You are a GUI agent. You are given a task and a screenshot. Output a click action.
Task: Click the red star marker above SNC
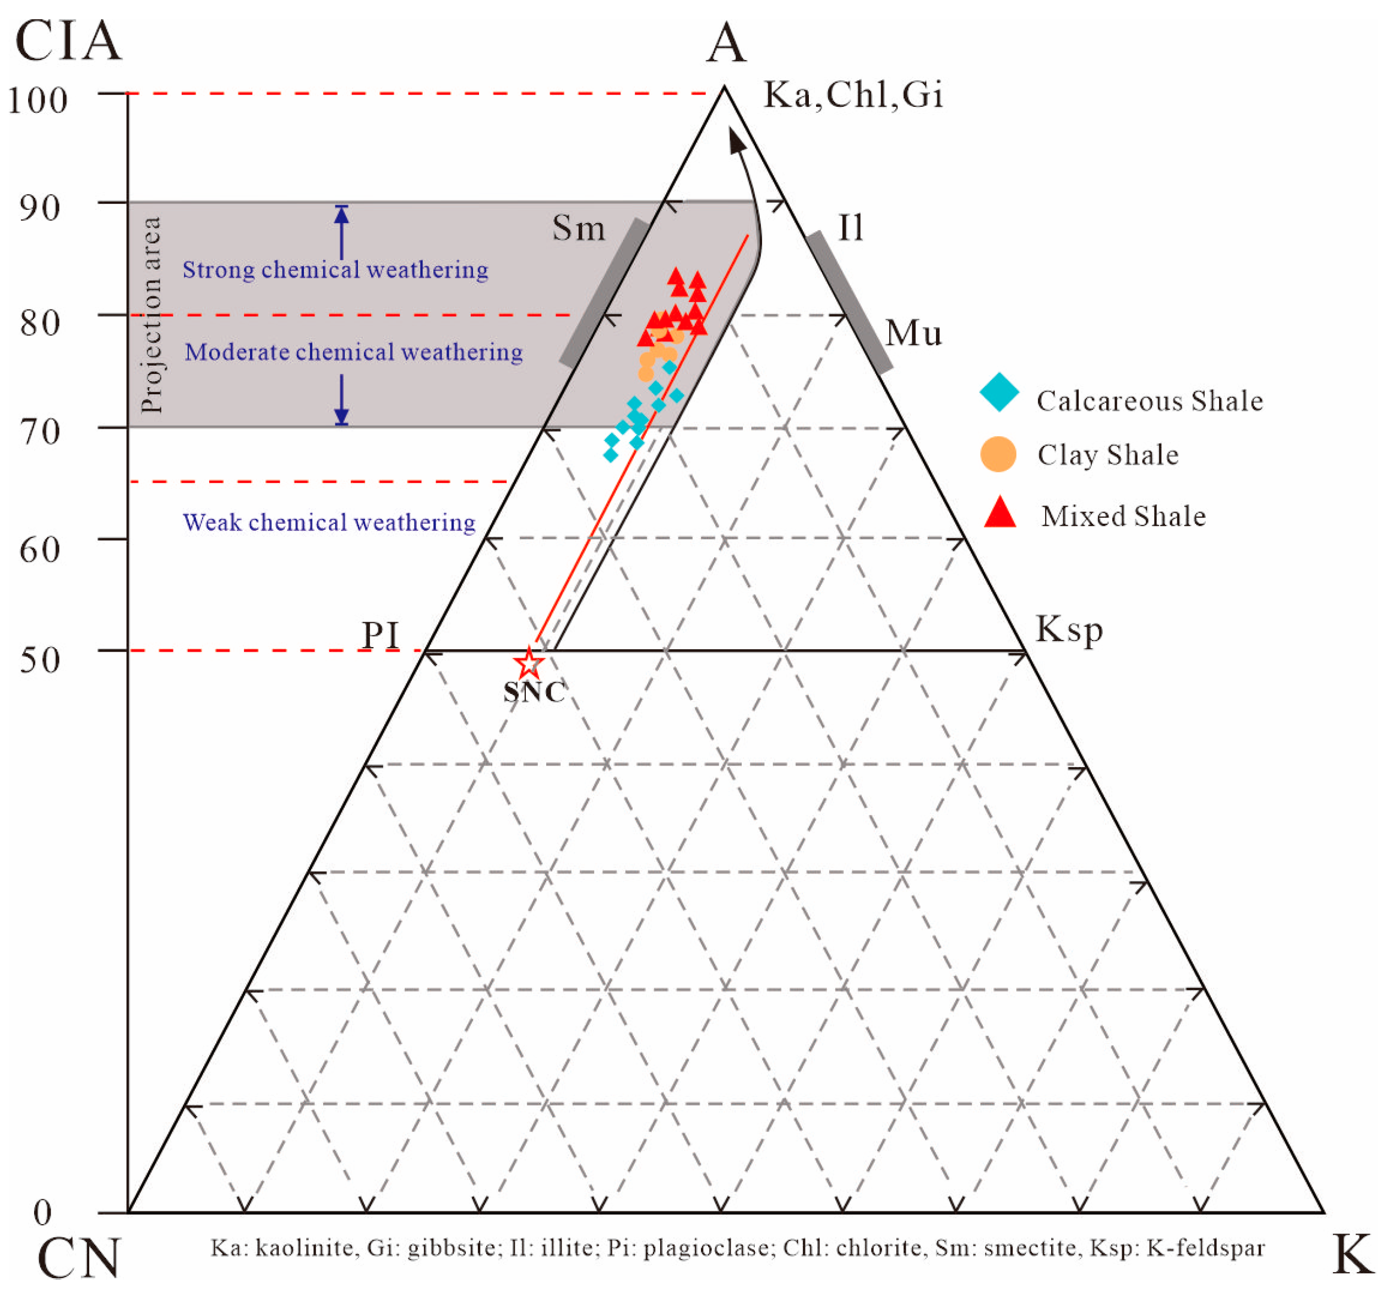tap(529, 663)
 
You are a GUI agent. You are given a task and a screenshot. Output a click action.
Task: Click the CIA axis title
tap(68, 42)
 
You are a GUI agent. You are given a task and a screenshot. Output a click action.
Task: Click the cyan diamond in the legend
tap(999, 393)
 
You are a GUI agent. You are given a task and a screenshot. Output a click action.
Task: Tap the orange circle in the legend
tap(998, 454)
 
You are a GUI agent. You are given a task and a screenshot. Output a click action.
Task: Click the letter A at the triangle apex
tap(726, 44)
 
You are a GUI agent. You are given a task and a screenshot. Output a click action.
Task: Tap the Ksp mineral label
tap(1068, 629)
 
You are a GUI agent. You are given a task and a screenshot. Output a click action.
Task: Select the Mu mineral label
tap(913, 334)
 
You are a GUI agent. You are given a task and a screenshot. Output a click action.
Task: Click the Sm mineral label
tap(578, 228)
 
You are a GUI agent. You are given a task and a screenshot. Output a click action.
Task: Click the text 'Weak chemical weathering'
tap(329, 523)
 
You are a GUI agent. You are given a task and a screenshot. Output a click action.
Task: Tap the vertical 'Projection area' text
tap(151, 316)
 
